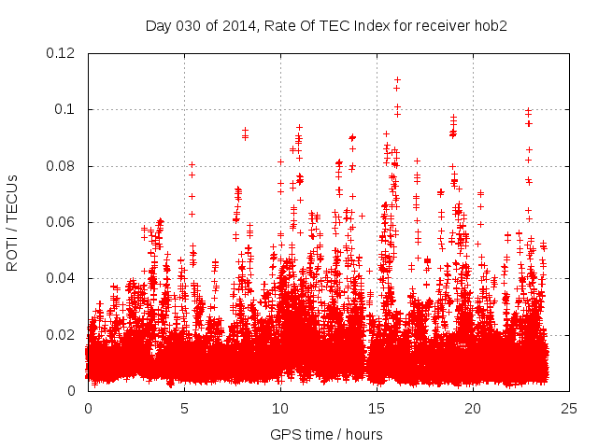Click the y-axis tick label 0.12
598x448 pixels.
coord(62,53)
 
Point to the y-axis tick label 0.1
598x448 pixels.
coord(65,109)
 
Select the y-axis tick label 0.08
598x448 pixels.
coord(62,166)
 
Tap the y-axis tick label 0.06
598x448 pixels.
coord(62,222)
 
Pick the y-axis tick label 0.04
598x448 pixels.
coord(62,278)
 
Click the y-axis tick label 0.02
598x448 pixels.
coord(62,334)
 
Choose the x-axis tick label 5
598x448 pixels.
coord(185,408)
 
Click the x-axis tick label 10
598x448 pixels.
coord(280,408)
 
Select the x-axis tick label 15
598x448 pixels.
coord(377,408)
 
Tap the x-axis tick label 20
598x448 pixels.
coord(473,408)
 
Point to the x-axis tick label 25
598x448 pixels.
coord(569,408)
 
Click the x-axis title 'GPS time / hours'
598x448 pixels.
coord(326,434)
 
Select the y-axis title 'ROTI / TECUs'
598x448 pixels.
coord(12,223)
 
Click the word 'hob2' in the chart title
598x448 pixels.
coord(490,25)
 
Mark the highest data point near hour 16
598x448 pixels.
coord(397,80)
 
